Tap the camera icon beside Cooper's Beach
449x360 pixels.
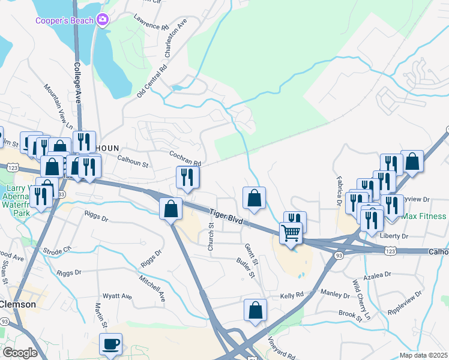tap(103, 20)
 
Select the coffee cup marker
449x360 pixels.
tap(110, 345)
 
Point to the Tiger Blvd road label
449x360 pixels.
tap(226, 217)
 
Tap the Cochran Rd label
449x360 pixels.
tap(184, 159)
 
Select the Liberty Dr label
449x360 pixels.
tap(393, 236)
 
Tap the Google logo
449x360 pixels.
tap(20, 352)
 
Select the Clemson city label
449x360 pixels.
tap(18, 304)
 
